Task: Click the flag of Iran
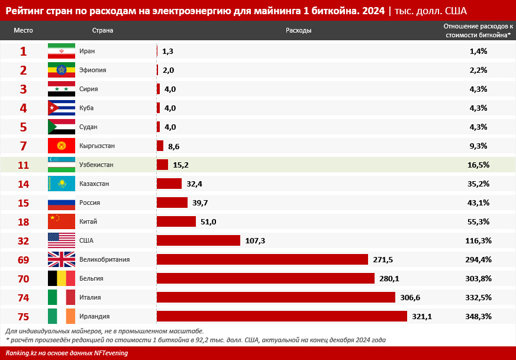click(62, 51)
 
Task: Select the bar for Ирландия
click(282, 316)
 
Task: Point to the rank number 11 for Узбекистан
click(23, 165)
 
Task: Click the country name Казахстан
click(94, 184)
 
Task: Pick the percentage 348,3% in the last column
click(478, 316)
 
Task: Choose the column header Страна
click(102, 30)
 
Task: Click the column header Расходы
click(298, 30)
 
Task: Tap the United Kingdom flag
click(62, 259)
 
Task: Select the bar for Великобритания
click(263, 259)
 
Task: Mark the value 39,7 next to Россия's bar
click(201, 202)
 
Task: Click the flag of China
click(62, 221)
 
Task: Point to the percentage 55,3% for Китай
click(478, 221)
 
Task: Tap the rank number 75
click(23, 316)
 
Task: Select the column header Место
click(23, 30)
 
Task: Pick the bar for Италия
click(276, 297)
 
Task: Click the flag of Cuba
click(62, 108)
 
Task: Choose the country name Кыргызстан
click(97, 146)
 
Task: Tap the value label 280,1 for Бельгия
click(389, 278)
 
